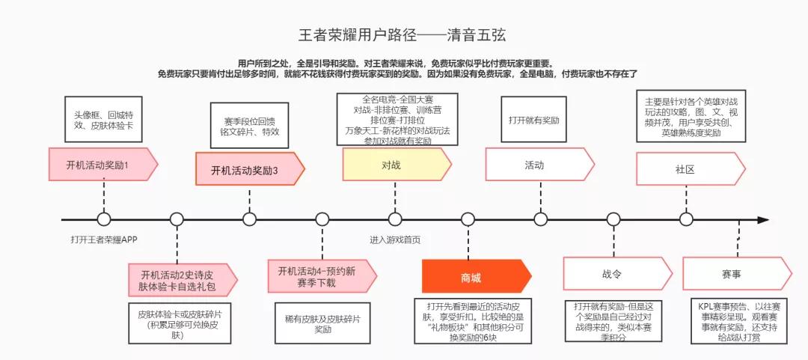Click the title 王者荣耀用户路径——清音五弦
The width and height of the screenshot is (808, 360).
404,35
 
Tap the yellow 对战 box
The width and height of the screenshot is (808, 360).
394,165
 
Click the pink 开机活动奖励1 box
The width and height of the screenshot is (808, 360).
101,164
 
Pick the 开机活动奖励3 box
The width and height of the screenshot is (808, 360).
247,170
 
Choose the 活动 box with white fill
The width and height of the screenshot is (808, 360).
536,165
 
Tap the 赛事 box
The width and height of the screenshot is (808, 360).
733,274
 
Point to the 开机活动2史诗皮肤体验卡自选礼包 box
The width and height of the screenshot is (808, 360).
180,279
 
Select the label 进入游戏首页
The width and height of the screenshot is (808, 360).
394,240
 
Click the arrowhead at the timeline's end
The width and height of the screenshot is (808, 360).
763,220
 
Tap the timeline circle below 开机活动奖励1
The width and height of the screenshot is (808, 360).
104,219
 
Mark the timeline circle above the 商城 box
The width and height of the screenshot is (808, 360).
468,219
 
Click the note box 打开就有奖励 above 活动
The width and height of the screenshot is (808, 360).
534,120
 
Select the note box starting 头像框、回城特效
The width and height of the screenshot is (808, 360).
102,120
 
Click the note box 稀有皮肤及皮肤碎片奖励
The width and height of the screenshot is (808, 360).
322,323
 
